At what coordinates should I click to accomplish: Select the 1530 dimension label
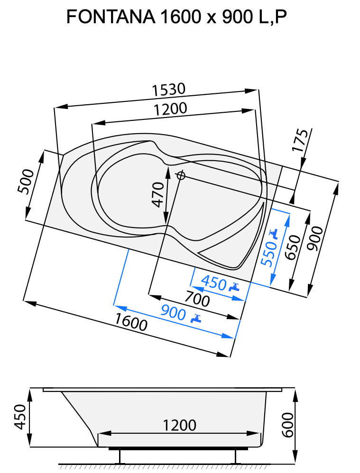(x=168, y=89)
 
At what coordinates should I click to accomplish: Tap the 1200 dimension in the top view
(x=170, y=109)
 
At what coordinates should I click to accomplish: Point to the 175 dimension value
(x=300, y=140)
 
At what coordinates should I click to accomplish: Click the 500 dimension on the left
(x=27, y=181)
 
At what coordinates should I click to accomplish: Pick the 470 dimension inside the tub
(x=158, y=194)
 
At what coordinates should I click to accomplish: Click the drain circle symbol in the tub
(x=180, y=176)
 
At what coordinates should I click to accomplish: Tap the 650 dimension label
(x=293, y=247)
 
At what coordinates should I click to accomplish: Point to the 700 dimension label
(x=197, y=300)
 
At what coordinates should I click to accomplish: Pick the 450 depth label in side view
(x=19, y=417)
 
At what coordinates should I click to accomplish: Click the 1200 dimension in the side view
(x=179, y=425)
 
